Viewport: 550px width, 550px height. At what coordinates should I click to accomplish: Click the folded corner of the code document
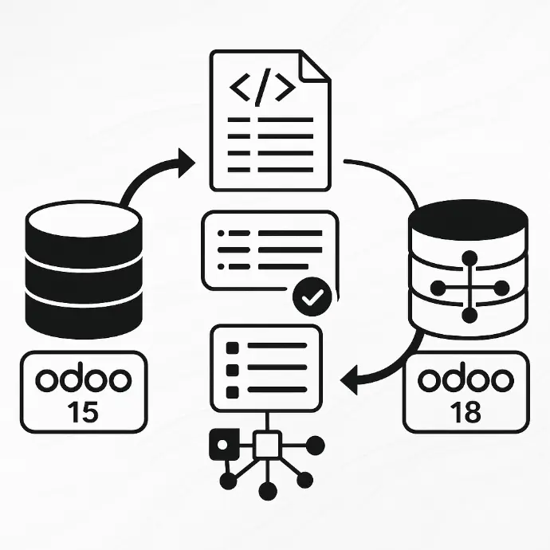point(316,65)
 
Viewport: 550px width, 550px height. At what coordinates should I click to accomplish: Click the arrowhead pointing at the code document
point(187,165)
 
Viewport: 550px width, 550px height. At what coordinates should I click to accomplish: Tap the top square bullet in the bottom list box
point(233,348)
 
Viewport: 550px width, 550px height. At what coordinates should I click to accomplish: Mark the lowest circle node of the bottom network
point(268,490)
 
